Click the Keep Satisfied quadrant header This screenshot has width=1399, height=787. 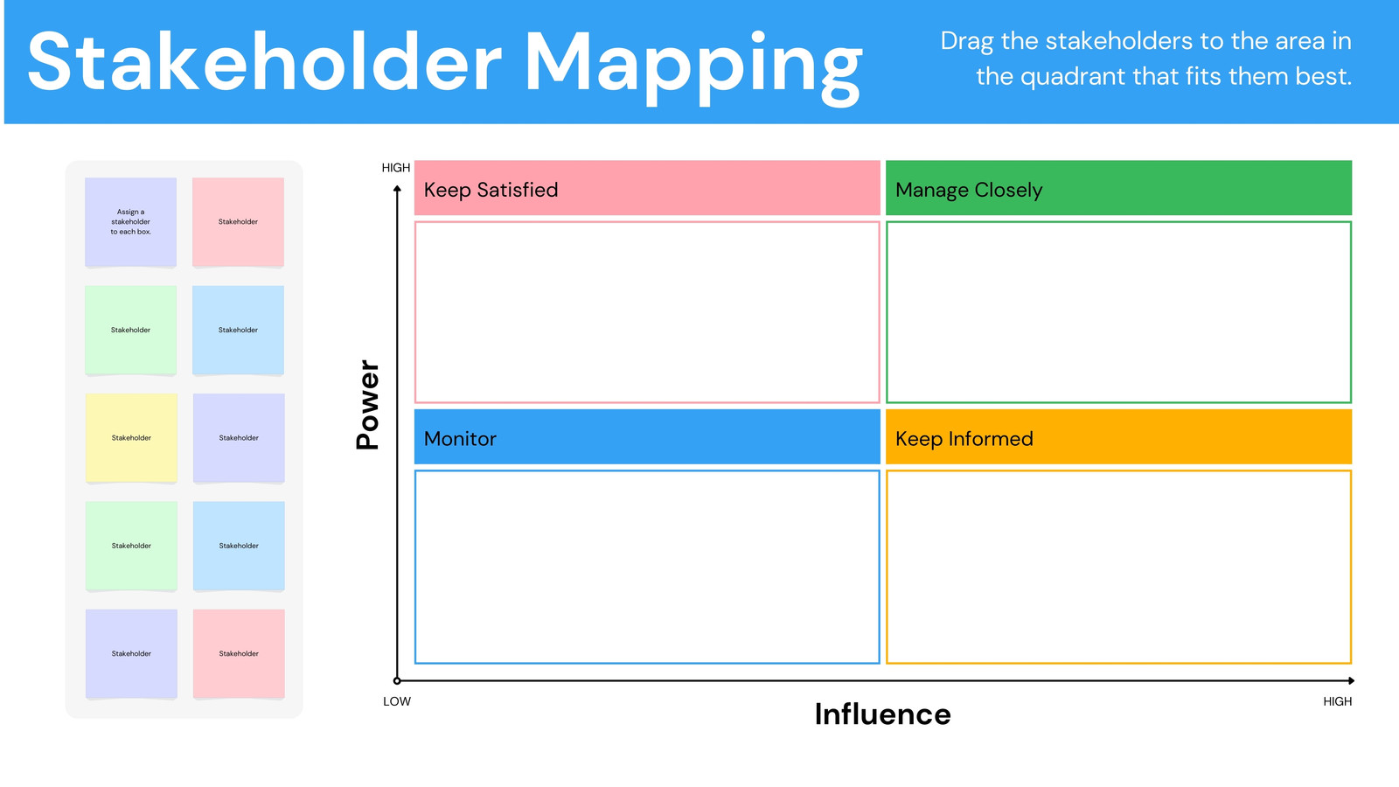(647, 188)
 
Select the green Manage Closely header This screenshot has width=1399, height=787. (1118, 188)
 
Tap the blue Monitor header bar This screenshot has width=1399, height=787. (647, 436)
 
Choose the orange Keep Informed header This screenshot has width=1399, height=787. (1118, 436)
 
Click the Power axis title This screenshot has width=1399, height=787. (367, 405)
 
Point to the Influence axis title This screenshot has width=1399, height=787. (882, 714)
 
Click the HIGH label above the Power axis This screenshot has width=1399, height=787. (396, 167)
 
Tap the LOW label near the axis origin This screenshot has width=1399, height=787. (397, 701)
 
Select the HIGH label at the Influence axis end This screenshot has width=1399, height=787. (1337, 701)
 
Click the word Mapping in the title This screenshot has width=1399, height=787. (694, 66)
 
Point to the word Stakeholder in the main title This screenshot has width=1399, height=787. (265, 60)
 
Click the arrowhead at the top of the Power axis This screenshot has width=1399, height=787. (397, 189)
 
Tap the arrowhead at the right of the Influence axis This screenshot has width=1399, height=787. (1350, 680)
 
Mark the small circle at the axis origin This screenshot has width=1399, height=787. (397, 680)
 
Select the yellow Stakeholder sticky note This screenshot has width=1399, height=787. (131, 438)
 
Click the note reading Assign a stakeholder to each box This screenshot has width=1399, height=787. (130, 222)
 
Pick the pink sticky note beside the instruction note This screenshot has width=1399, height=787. (238, 222)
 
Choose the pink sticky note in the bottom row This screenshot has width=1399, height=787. (239, 653)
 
